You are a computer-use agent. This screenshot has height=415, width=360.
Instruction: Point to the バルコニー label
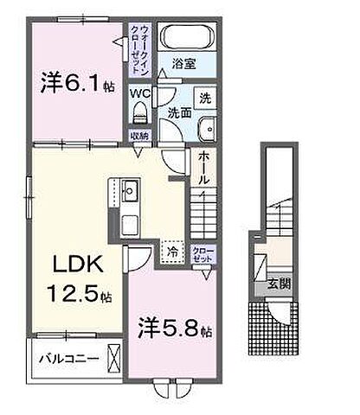coord(67,357)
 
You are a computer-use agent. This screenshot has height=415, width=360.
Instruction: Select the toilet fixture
coord(140,113)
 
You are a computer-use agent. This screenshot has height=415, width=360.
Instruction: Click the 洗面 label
coord(179,112)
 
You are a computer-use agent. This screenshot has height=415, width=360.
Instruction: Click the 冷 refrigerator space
coord(171,253)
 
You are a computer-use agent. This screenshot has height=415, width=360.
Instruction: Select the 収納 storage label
coord(139,135)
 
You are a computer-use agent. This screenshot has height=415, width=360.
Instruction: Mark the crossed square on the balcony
coord(113,358)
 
